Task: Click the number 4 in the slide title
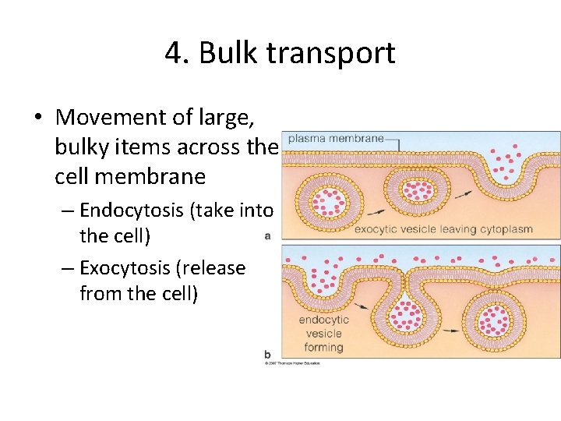(174, 54)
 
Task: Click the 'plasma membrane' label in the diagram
(336, 139)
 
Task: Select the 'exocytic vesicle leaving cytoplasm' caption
(443, 229)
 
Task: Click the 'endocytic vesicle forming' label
(323, 334)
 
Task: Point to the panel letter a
(267, 235)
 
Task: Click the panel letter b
(267, 353)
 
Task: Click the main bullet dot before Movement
(37, 118)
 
